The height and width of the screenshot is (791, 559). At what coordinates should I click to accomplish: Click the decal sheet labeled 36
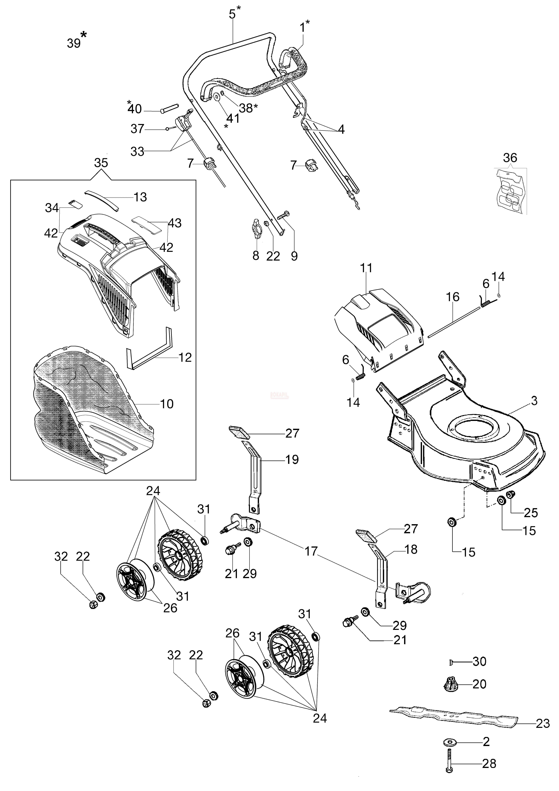pos(511,191)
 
